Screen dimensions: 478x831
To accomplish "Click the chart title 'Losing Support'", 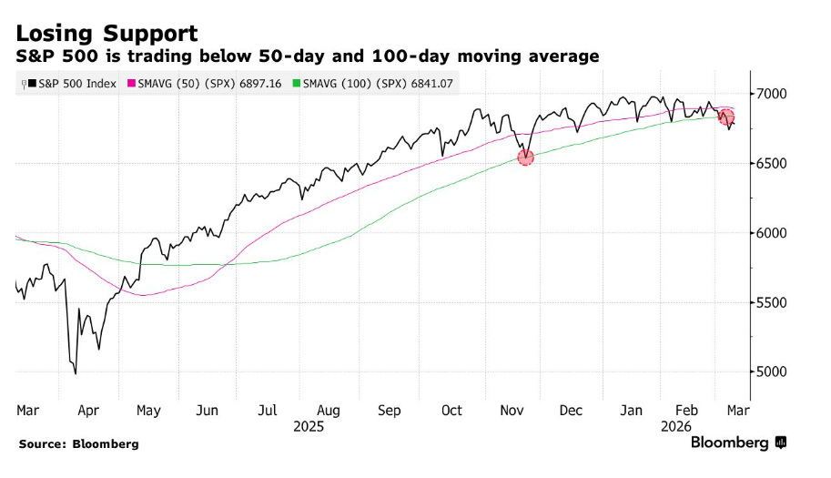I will pos(106,34).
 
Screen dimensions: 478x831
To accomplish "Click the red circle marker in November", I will pos(525,157).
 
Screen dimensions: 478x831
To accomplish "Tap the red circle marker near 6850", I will pos(725,117).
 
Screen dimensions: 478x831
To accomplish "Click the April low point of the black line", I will pos(76,373).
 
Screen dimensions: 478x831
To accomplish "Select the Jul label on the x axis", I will pos(267,411).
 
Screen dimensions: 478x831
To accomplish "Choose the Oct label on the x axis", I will pos(451,411).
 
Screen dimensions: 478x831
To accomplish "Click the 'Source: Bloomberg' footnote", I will pos(77,443).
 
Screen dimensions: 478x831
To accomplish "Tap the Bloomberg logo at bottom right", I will pos(737,442).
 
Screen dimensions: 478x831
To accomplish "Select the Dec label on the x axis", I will pos(572,411).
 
